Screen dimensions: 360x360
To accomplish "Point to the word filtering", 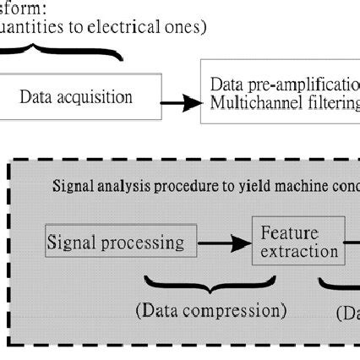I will pyautogui.click(x=330, y=104).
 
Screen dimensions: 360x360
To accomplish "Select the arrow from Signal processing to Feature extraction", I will pyautogui.click(x=224, y=246).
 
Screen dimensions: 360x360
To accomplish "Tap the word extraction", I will pyautogui.click(x=298, y=252).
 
